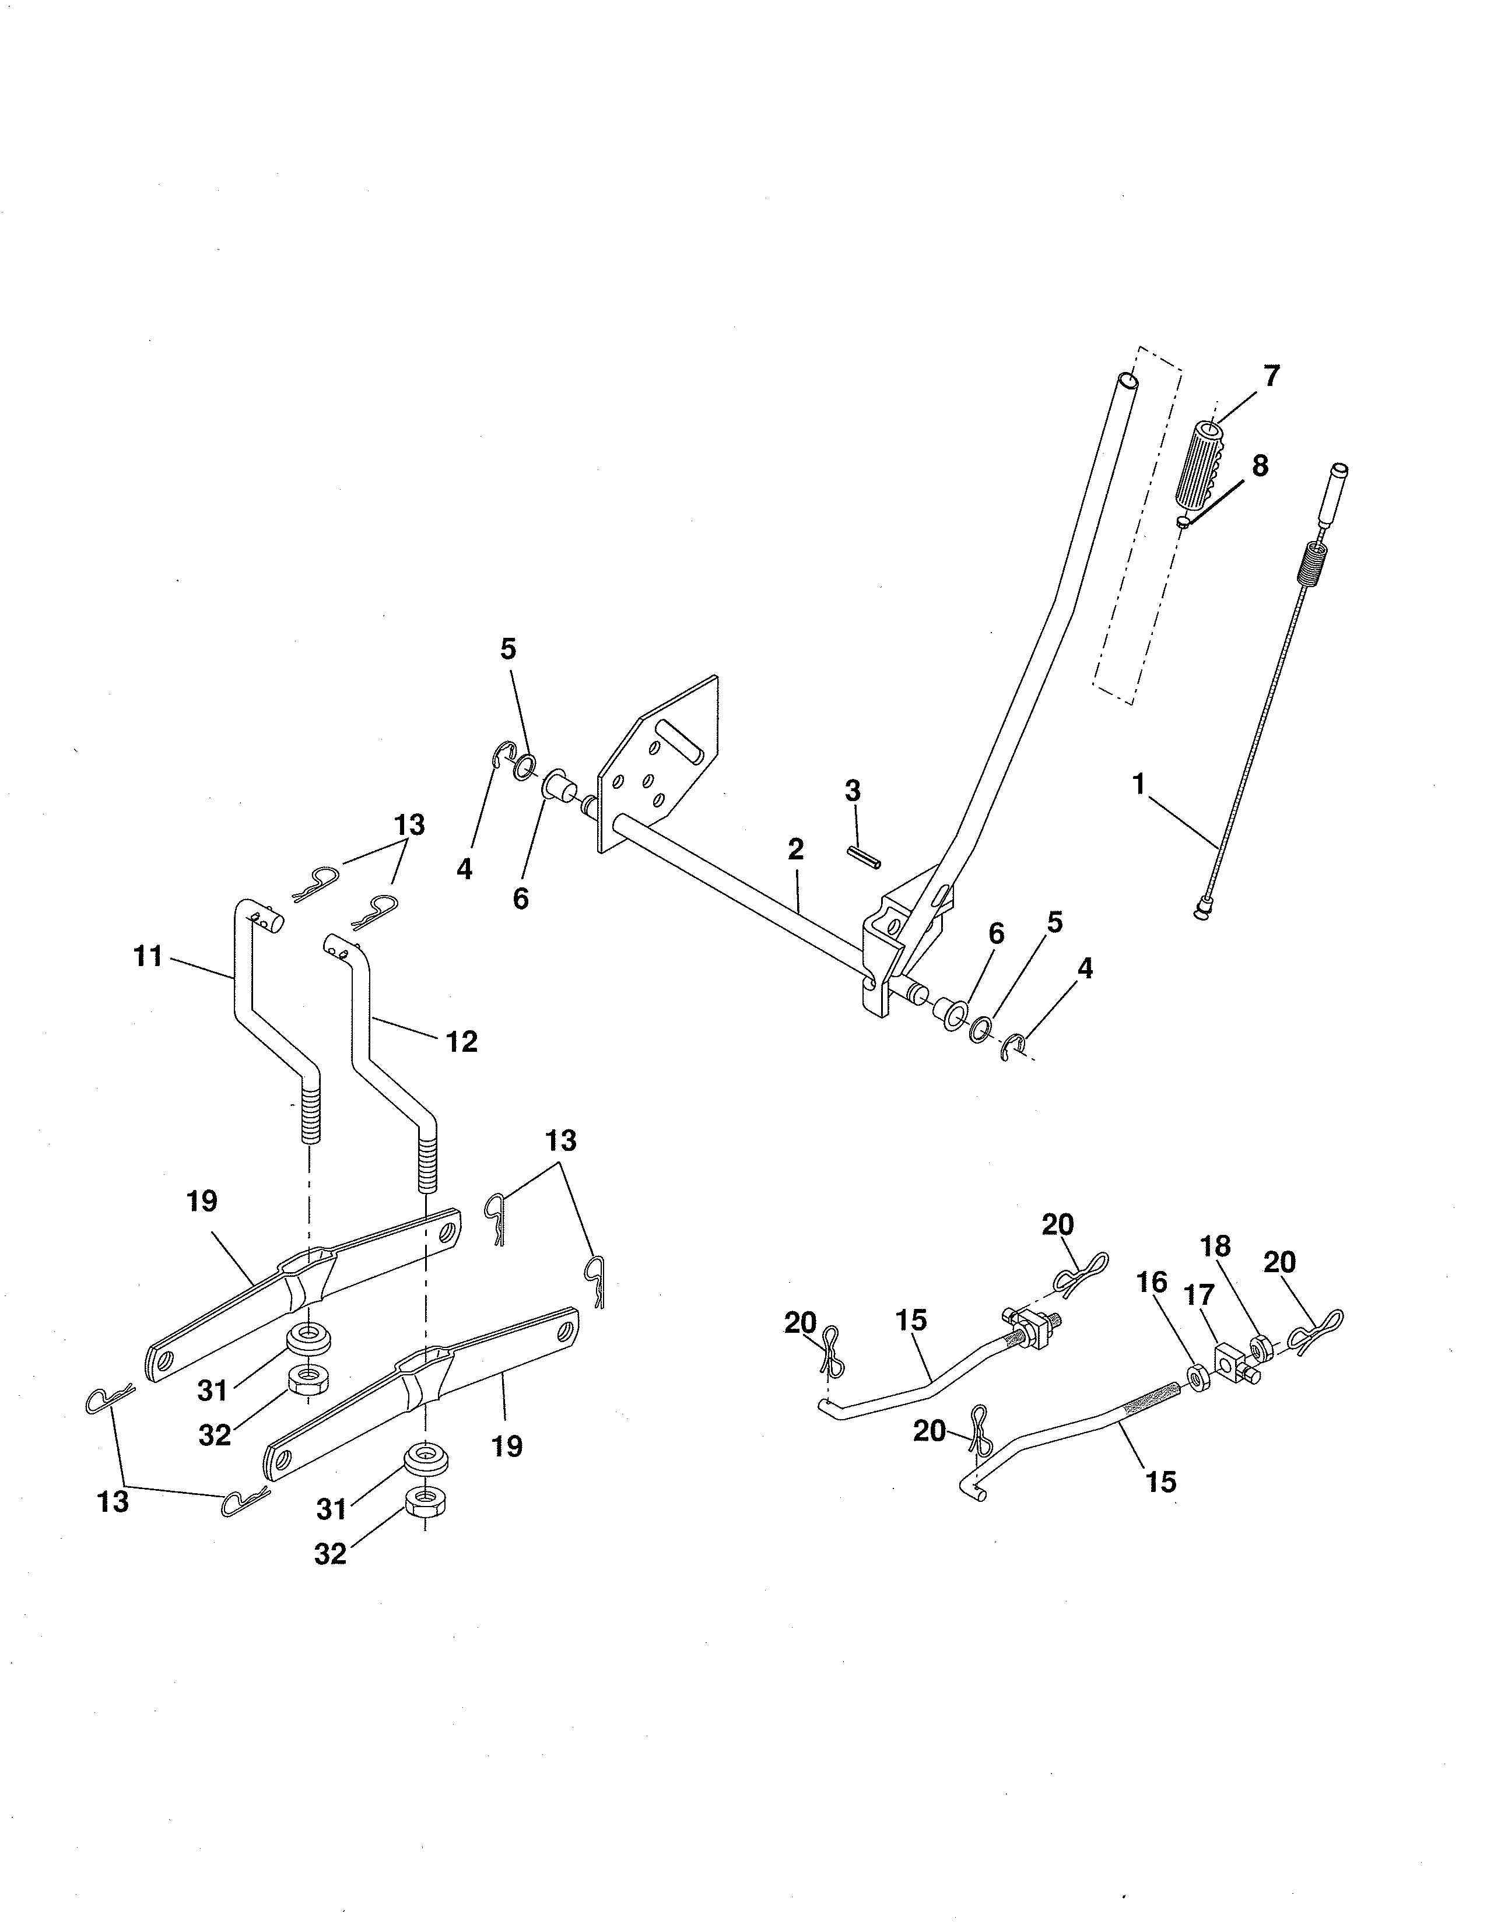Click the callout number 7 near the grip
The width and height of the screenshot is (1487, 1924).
1270,376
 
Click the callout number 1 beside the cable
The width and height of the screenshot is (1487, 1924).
1138,783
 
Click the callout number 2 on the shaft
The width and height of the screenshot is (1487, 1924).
795,849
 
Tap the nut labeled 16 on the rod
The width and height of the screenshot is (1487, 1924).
1198,1375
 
